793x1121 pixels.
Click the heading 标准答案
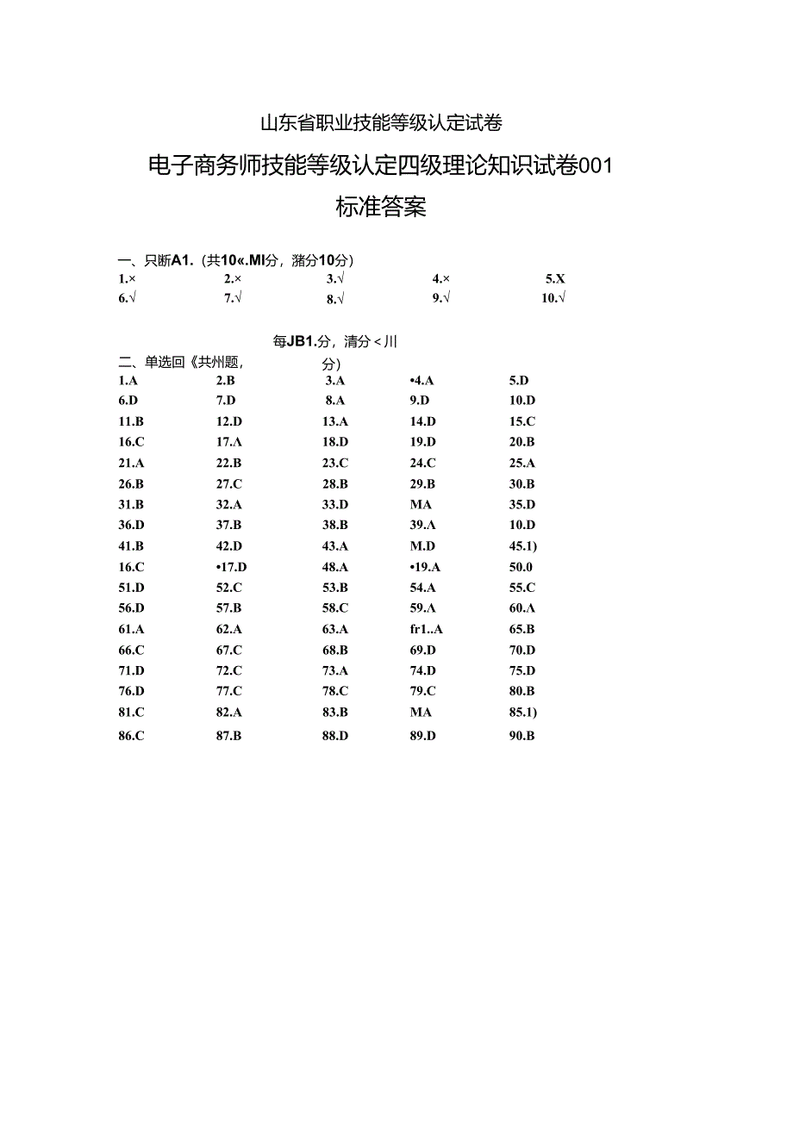coord(380,208)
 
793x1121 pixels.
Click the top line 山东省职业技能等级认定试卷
coord(380,123)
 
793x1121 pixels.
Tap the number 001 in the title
coord(594,166)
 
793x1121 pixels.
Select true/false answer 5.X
coord(555,278)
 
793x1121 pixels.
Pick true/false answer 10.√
coord(553,298)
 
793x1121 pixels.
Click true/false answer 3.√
coord(335,278)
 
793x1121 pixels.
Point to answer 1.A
coord(128,380)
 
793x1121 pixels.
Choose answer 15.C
coord(522,421)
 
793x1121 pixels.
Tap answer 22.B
coord(229,463)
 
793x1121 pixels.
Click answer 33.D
coord(335,504)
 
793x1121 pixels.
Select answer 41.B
coord(131,545)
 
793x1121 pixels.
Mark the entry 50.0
coord(521,567)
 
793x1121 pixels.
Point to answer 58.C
coord(335,608)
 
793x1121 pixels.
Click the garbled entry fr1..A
coord(427,629)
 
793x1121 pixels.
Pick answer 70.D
coord(522,650)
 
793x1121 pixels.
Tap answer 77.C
coord(229,691)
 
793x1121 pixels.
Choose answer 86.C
coord(131,736)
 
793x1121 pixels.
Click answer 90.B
coord(522,736)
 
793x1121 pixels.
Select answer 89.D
coord(423,736)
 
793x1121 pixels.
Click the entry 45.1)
coord(523,545)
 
